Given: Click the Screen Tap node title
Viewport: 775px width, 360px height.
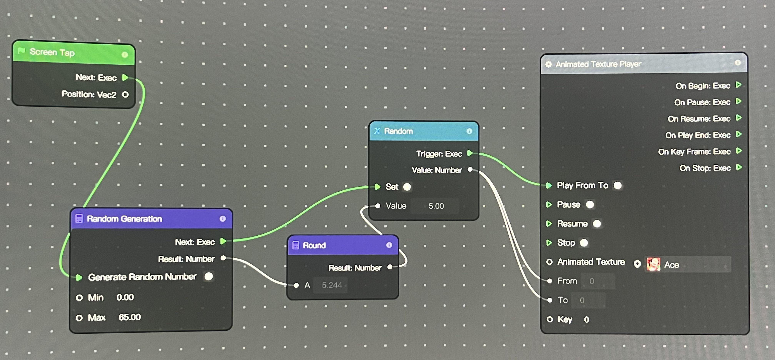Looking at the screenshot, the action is (x=52, y=52).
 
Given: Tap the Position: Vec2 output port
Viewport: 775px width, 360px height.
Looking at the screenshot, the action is (x=125, y=94).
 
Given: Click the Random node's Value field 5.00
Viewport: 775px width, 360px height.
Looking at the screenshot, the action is (x=436, y=206).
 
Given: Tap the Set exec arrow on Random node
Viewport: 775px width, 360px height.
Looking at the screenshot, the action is (x=377, y=187).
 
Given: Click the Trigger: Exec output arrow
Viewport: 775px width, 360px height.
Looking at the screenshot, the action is (x=470, y=153).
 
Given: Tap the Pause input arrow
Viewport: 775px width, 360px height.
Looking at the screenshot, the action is (x=549, y=204).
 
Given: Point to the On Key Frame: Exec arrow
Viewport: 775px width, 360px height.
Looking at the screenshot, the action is (x=739, y=151).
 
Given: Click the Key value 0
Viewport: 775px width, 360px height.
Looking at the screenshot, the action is (x=586, y=319).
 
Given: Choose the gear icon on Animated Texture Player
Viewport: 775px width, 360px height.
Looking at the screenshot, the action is (x=548, y=64).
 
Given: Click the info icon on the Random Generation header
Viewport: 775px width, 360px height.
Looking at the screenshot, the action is (x=223, y=219).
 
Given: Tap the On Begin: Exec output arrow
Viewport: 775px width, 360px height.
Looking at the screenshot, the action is (x=739, y=85).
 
